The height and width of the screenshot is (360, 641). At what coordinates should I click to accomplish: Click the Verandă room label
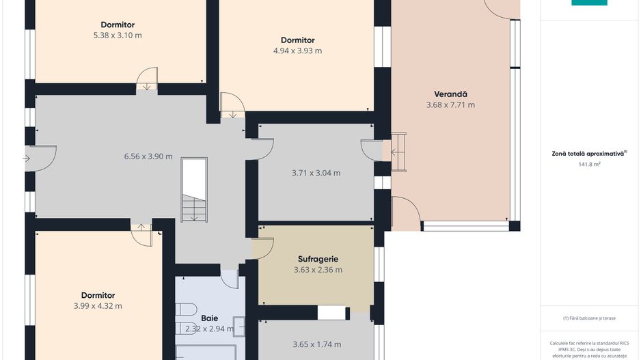click(450, 94)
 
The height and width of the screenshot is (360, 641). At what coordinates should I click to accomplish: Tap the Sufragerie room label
click(318, 259)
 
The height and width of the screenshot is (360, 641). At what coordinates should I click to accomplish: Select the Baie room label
click(210, 318)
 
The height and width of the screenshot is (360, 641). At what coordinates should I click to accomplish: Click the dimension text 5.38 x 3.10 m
click(117, 36)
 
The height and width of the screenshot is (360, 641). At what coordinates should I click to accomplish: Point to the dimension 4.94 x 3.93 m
click(297, 51)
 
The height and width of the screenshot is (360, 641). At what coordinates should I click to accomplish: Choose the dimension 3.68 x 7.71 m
click(450, 105)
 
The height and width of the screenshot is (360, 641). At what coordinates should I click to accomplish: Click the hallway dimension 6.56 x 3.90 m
click(148, 156)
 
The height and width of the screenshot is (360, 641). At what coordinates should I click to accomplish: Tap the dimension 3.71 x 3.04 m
click(316, 173)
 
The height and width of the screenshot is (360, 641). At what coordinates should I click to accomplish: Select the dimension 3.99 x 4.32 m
click(98, 306)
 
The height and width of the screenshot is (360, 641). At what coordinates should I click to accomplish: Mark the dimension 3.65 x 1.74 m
click(316, 344)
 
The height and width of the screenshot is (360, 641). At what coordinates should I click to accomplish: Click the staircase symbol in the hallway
click(194, 189)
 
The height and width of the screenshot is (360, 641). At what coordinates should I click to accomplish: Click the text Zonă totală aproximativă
click(588, 154)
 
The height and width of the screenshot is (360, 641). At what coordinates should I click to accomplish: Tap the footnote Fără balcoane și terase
click(589, 318)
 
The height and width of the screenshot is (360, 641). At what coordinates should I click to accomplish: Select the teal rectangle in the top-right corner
click(589, 3)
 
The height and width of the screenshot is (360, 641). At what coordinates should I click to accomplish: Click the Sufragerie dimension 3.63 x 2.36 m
click(318, 270)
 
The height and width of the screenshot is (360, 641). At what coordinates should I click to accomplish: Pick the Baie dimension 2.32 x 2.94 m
click(210, 329)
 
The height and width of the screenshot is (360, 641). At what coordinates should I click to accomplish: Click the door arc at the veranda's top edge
click(502, 10)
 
